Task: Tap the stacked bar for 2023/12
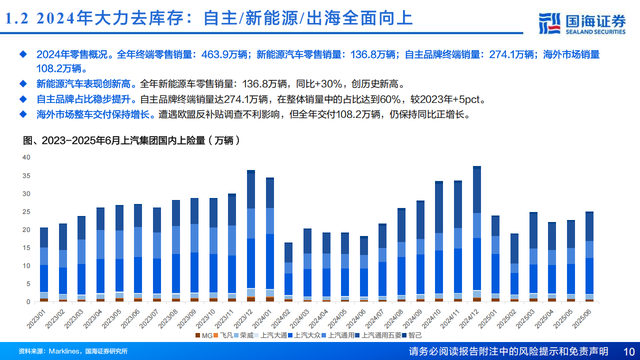pos(250,235)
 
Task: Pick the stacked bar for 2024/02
pos(288,272)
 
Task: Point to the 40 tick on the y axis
pos(26,157)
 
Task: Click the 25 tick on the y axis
pos(26,211)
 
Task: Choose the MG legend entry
pos(205,335)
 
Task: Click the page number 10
pos(629,351)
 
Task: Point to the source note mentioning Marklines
pos(73,351)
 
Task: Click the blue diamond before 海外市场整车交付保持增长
pos(22,114)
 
